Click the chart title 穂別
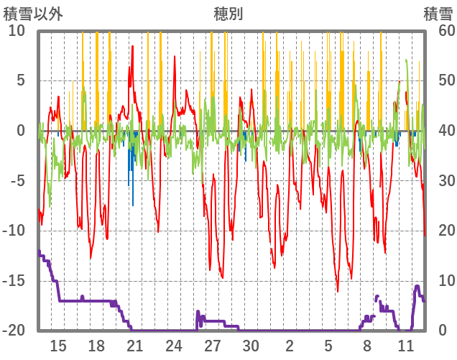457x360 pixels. tap(228, 14)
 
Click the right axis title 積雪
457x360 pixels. tap(437, 14)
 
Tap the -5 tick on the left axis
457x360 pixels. tap(18, 180)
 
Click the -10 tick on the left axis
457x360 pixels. tap(14, 231)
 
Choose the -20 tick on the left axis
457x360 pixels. tap(14, 331)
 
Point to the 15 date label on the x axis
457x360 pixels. tap(58, 346)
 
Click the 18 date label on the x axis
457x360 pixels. tap(96, 346)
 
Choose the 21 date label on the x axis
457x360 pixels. tap(135, 346)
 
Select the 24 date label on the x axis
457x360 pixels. tap(174, 346)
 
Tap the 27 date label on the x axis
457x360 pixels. tap(212, 346)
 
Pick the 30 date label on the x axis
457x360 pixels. tap(251, 346)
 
